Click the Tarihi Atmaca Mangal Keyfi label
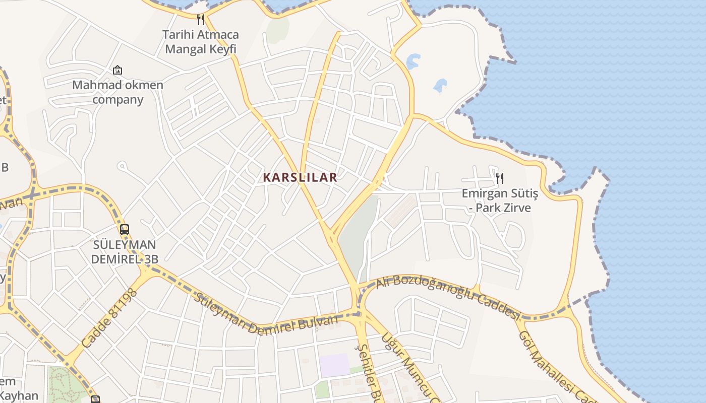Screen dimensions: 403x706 pos(201,42)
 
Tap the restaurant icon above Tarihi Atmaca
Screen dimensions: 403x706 pos(201,19)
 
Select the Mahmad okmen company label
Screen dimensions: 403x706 pos(117,92)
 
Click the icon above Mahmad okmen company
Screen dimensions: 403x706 pos(117,70)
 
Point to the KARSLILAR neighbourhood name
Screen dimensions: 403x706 pos(300,177)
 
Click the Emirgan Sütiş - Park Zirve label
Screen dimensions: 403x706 pos(500,200)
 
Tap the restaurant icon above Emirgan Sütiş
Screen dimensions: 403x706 pos(499,178)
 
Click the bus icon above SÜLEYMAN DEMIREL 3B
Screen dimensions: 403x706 pos(124,230)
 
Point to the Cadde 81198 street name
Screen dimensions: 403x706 pos(109,318)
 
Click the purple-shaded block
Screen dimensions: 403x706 pos(334,365)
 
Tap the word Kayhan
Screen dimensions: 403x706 pos(19,395)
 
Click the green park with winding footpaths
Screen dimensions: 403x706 pos(66,385)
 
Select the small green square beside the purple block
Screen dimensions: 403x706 pos(322,389)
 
